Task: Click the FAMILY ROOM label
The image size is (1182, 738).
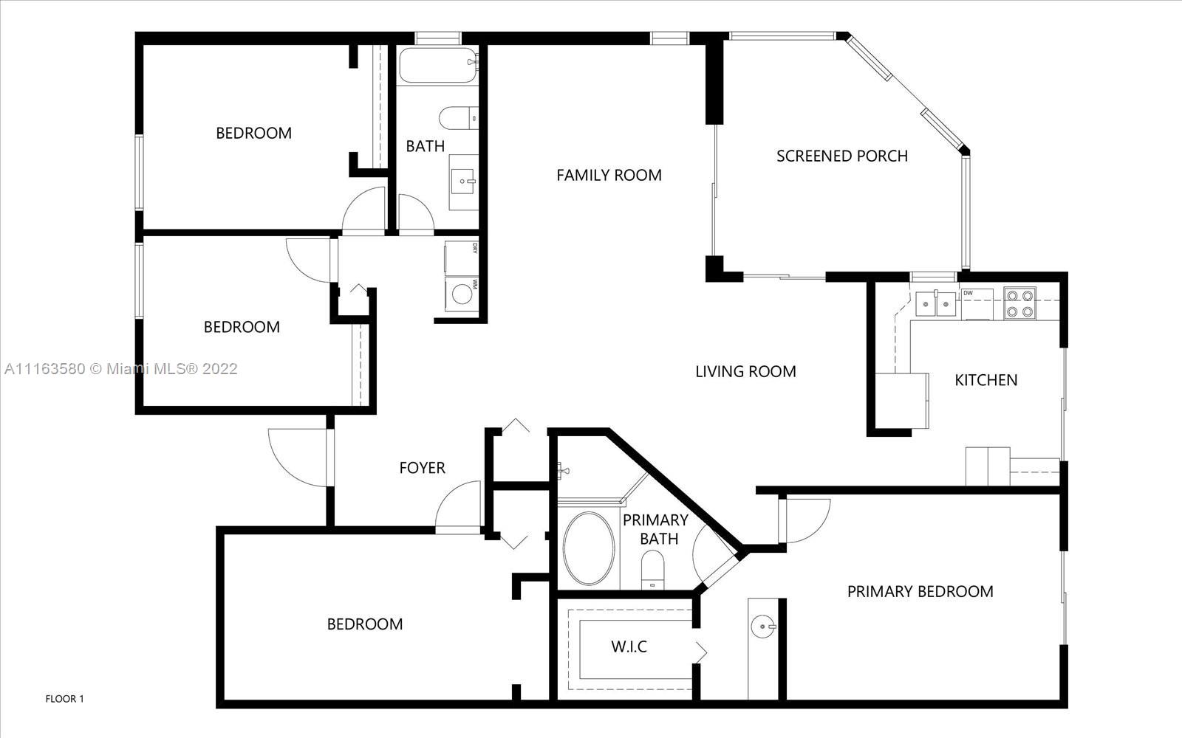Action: pyautogui.click(x=609, y=175)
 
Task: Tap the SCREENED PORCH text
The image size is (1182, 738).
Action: pyautogui.click(x=842, y=156)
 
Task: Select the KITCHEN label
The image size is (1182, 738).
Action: pyautogui.click(x=985, y=380)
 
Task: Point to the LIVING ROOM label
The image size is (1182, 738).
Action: pyautogui.click(x=745, y=372)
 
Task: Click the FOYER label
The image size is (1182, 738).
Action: pyautogui.click(x=422, y=468)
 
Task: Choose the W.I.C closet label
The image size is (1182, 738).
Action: pyautogui.click(x=629, y=646)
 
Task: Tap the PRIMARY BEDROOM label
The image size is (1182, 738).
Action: pyautogui.click(x=920, y=591)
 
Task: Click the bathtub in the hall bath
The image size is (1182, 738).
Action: pyautogui.click(x=437, y=66)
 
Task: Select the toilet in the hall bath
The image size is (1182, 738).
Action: pyautogui.click(x=459, y=118)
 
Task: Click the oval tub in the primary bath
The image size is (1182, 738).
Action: pyautogui.click(x=588, y=548)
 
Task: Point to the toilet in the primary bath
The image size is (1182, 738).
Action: pyautogui.click(x=653, y=570)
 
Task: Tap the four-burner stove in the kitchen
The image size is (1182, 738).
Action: pyautogui.click(x=1019, y=303)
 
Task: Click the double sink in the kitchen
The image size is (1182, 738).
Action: pyautogui.click(x=935, y=304)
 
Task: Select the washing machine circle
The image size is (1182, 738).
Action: pyautogui.click(x=462, y=294)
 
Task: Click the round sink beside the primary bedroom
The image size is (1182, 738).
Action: pyautogui.click(x=764, y=627)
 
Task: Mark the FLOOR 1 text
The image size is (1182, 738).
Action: pyautogui.click(x=64, y=699)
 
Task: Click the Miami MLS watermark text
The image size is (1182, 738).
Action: pyautogui.click(x=121, y=368)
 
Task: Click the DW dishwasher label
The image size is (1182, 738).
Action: pyautogui.click(x=968, y=293)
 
